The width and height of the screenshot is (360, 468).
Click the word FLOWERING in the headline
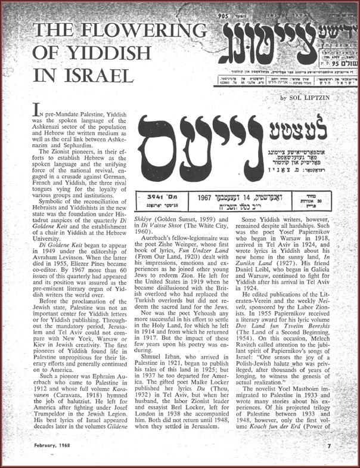point(125,30)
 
